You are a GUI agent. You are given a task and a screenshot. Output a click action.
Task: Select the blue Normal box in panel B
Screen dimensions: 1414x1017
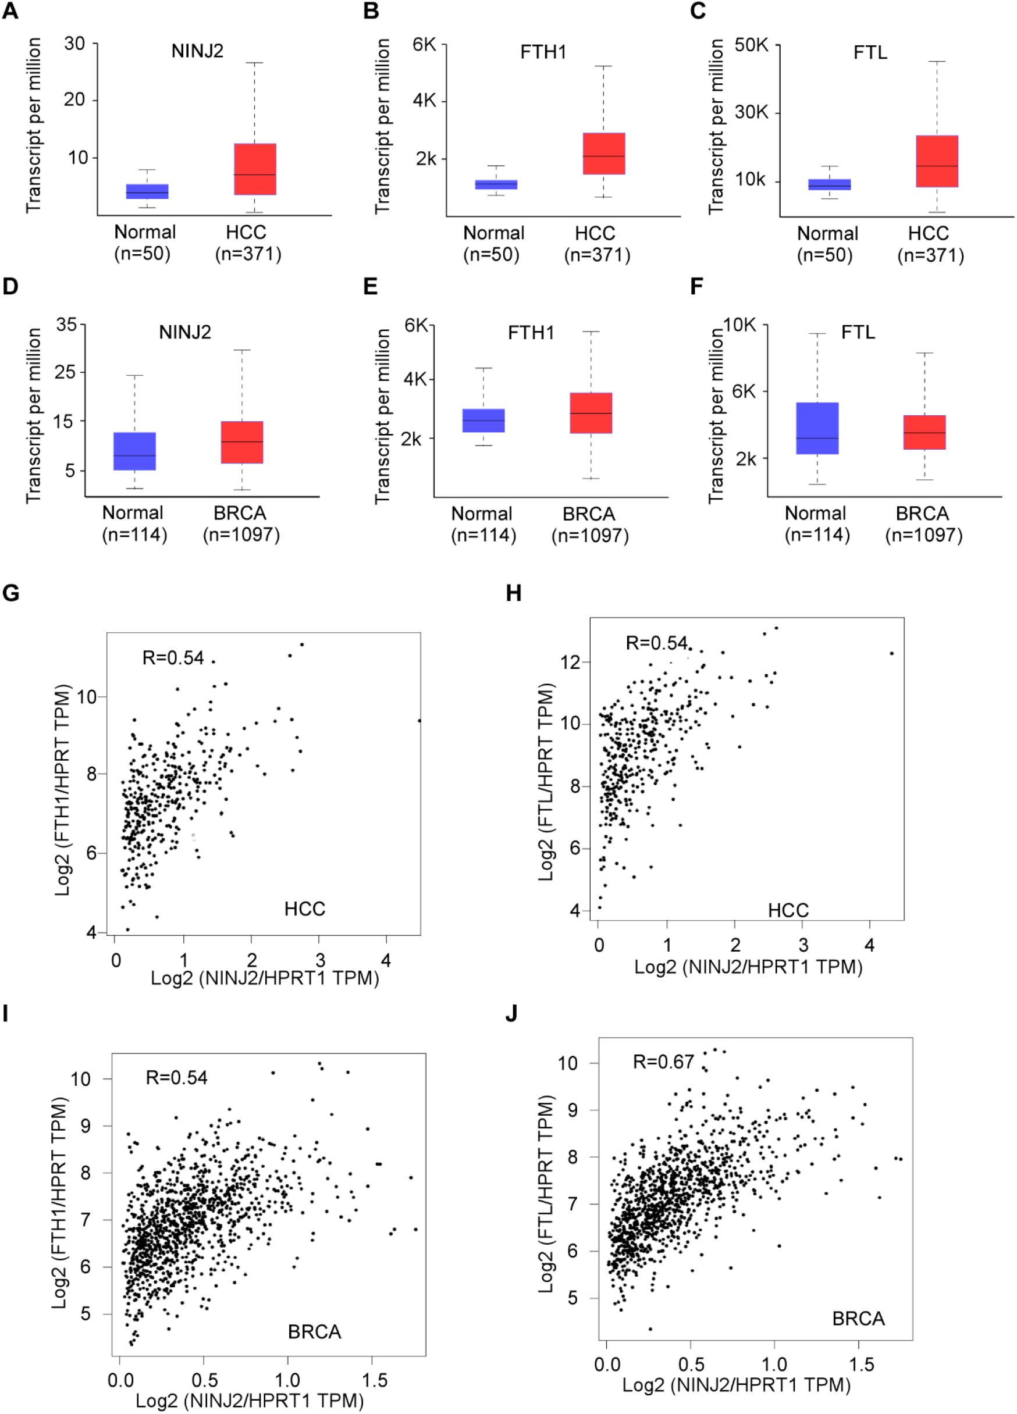tap(496, 184)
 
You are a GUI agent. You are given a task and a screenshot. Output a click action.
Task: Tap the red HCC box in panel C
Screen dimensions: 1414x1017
tap(937, 161)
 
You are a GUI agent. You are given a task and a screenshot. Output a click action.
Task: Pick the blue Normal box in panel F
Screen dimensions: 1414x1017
tap(817, 428)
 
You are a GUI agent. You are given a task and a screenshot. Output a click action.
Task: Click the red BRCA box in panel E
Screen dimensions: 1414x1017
tap(591, 413)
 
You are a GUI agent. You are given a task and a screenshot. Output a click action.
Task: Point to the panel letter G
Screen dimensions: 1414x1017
tap(10, 592)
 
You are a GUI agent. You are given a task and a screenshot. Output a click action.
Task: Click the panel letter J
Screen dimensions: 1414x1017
tap(511, 1014)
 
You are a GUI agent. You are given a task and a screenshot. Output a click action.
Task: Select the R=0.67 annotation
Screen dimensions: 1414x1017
tap(663, 1061)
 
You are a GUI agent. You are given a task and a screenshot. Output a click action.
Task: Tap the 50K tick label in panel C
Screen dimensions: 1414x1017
tap(751, 45)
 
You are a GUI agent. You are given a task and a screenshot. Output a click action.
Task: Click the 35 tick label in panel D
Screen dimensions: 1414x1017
tap(66, 324)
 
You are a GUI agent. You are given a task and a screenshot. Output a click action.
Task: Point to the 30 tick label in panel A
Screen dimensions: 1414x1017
tap(74, 44)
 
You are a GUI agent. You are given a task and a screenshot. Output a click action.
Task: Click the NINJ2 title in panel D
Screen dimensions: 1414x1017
tap(184, 332)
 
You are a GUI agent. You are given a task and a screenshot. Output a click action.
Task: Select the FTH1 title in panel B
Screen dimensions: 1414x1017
tap(543, 52)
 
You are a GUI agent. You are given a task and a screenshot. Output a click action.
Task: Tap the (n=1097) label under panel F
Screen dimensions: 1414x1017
tap(923, 535)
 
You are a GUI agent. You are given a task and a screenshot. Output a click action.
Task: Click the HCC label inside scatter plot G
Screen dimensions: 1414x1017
tap(304, 909)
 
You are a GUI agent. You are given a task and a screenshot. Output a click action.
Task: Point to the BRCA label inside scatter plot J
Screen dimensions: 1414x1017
tap(858, 1319)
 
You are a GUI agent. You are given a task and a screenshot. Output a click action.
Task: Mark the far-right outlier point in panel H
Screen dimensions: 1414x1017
tap(892, 653)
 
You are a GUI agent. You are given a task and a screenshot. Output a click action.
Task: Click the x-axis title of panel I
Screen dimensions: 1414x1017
tap(250, 1400)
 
